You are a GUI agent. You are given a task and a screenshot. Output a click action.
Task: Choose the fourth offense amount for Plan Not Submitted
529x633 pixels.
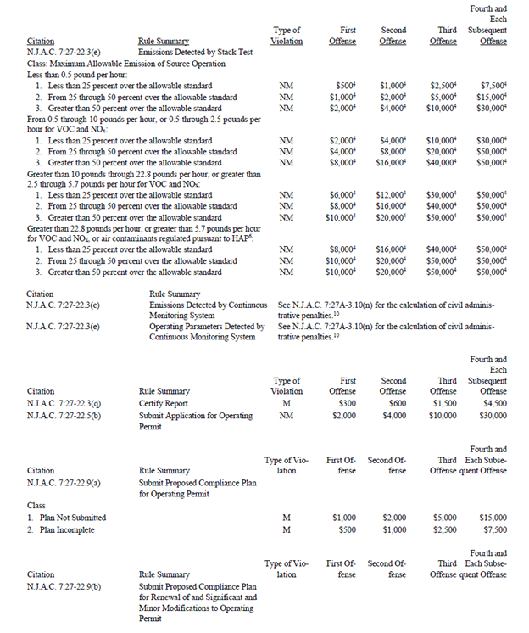click(493, 517)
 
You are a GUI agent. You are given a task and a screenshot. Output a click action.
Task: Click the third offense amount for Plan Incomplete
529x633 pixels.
click(444, 529)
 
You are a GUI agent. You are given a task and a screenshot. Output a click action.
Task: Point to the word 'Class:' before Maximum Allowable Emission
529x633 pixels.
click(39, 63)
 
